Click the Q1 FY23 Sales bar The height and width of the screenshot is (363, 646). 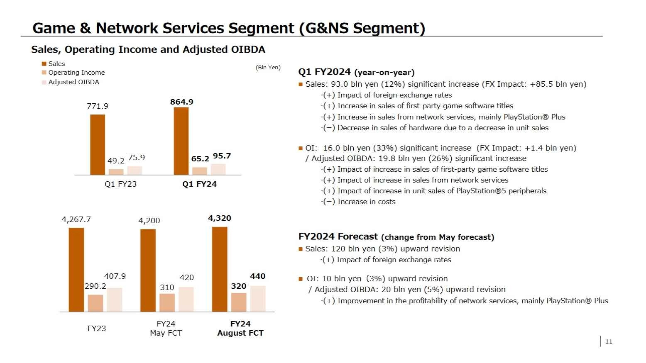[98, 144]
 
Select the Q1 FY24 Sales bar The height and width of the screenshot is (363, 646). [181, 141]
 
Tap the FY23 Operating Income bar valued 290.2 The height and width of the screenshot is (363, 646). [95, 303]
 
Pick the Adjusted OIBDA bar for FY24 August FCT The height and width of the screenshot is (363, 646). [258, 299]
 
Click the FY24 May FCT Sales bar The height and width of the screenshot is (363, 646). [148, 270]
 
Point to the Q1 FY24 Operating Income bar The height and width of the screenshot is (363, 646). [200, 171]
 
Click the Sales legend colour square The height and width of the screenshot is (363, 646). [44, 64]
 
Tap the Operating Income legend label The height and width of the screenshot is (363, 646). [76, 73]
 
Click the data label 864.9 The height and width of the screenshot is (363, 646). [182, 102]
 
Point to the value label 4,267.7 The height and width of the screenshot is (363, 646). [76, 219]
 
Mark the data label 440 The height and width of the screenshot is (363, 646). [257, 276]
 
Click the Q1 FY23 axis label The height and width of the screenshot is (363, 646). [120, 184]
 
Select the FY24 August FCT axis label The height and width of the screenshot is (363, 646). [240, 329]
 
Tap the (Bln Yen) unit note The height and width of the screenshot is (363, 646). [268, 68]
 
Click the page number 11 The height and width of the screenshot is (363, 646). [609, 341]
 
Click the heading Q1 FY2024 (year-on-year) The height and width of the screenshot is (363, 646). [356, 72]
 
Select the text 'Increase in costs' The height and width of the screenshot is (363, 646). [366, 202]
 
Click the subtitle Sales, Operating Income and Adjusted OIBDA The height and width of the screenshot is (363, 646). [148, 50]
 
